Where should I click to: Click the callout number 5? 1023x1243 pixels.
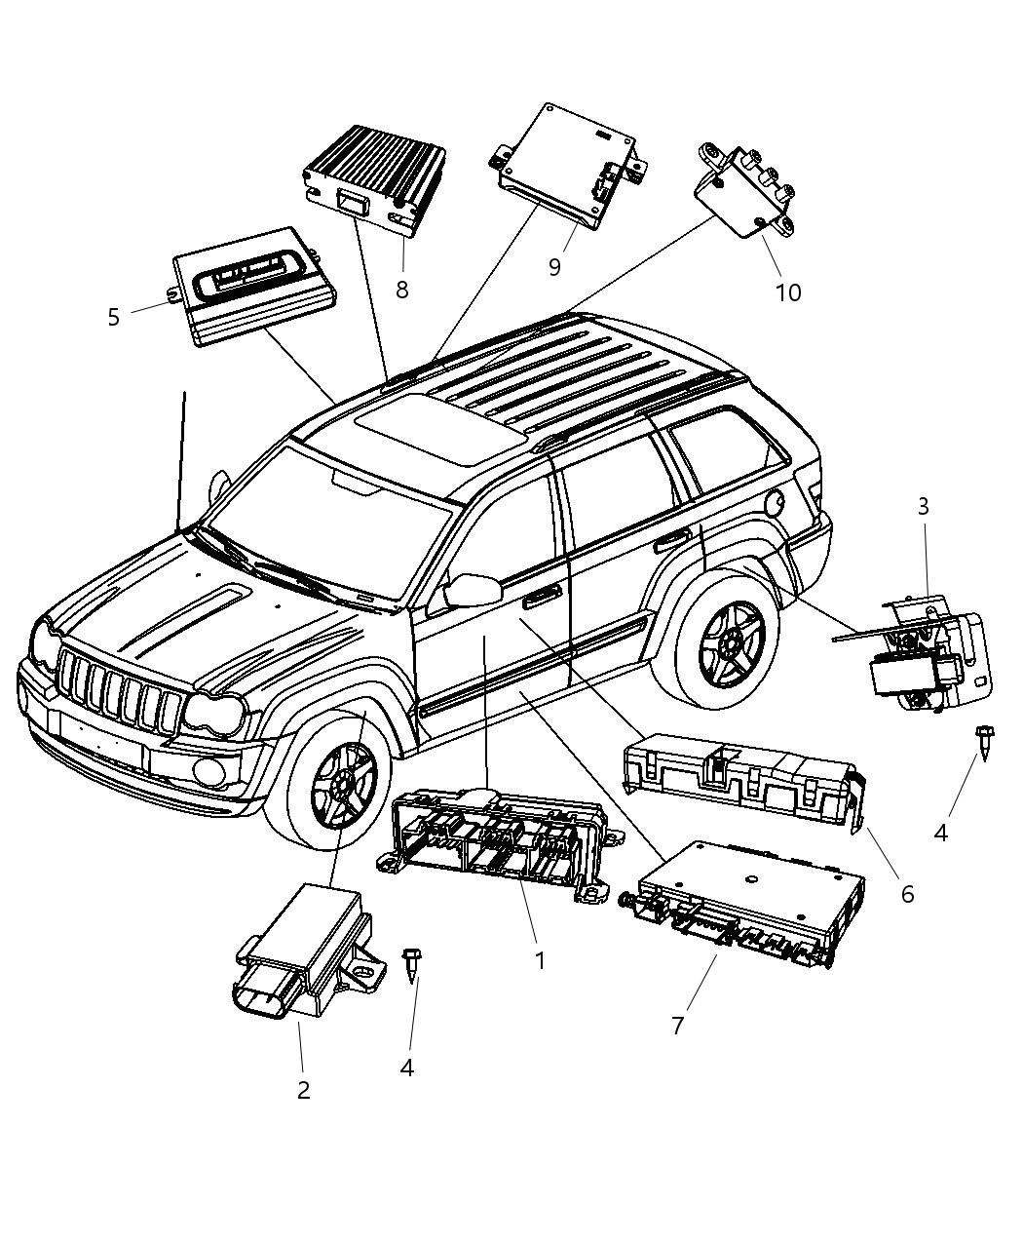114,318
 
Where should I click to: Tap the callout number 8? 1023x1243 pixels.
401,290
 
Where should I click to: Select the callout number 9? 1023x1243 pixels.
554,266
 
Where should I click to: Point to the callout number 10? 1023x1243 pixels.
787,291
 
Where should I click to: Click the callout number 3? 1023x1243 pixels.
923,506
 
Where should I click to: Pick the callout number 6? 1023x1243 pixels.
907,893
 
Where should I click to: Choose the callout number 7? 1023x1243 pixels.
678,1025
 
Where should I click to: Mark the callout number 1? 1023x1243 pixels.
539,960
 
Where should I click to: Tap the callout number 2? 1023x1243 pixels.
303,1090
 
